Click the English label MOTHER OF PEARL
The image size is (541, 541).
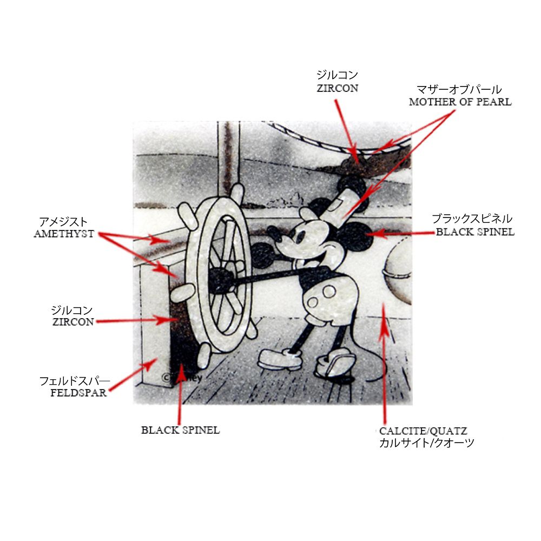460,102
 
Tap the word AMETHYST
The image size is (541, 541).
64,234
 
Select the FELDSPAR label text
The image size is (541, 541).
78,393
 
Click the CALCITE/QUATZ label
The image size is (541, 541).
423,431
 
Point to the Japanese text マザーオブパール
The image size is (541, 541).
459,89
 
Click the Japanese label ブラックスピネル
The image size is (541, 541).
472,219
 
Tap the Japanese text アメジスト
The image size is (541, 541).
63,221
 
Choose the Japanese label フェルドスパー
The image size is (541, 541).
75,381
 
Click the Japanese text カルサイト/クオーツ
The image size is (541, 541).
426,443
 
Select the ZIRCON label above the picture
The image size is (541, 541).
338,88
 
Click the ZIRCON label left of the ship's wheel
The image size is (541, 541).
73,322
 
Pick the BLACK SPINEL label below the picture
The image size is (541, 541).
181,430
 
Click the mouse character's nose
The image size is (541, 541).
272,230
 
